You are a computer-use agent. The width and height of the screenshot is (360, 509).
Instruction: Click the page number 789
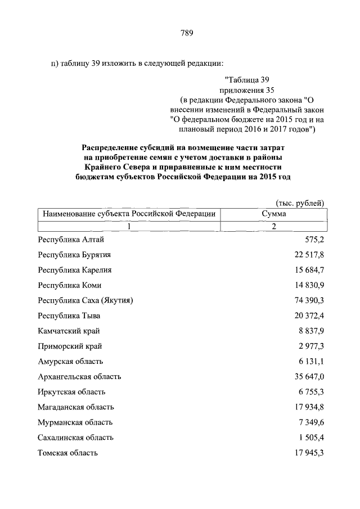(x=187, y=33)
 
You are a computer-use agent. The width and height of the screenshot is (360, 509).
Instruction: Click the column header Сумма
(x=274, y=214)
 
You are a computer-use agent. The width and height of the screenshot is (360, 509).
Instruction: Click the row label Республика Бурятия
(x=74, y=255)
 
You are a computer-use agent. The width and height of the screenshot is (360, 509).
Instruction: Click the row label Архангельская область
(x=79, y=376)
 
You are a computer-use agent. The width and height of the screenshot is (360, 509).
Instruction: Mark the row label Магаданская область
(x=76, y=407)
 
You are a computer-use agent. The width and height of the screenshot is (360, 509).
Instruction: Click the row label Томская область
(x=68, y=452)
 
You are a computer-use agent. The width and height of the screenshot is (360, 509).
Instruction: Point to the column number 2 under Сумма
(x=274, y=226)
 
